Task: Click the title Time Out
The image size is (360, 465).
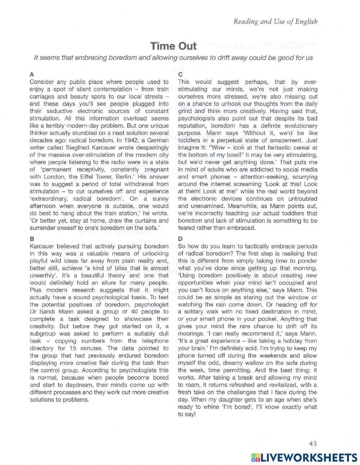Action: coord(174,46)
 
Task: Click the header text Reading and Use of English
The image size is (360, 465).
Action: coord(275,22)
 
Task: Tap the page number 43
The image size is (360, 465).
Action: coord(312,444)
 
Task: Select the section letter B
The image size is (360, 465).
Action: coord(32,238)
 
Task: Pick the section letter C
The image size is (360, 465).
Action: coord(180,74)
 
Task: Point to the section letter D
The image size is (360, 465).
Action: coord(180,238)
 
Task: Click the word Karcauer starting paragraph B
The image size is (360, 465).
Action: coord(42,246)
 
